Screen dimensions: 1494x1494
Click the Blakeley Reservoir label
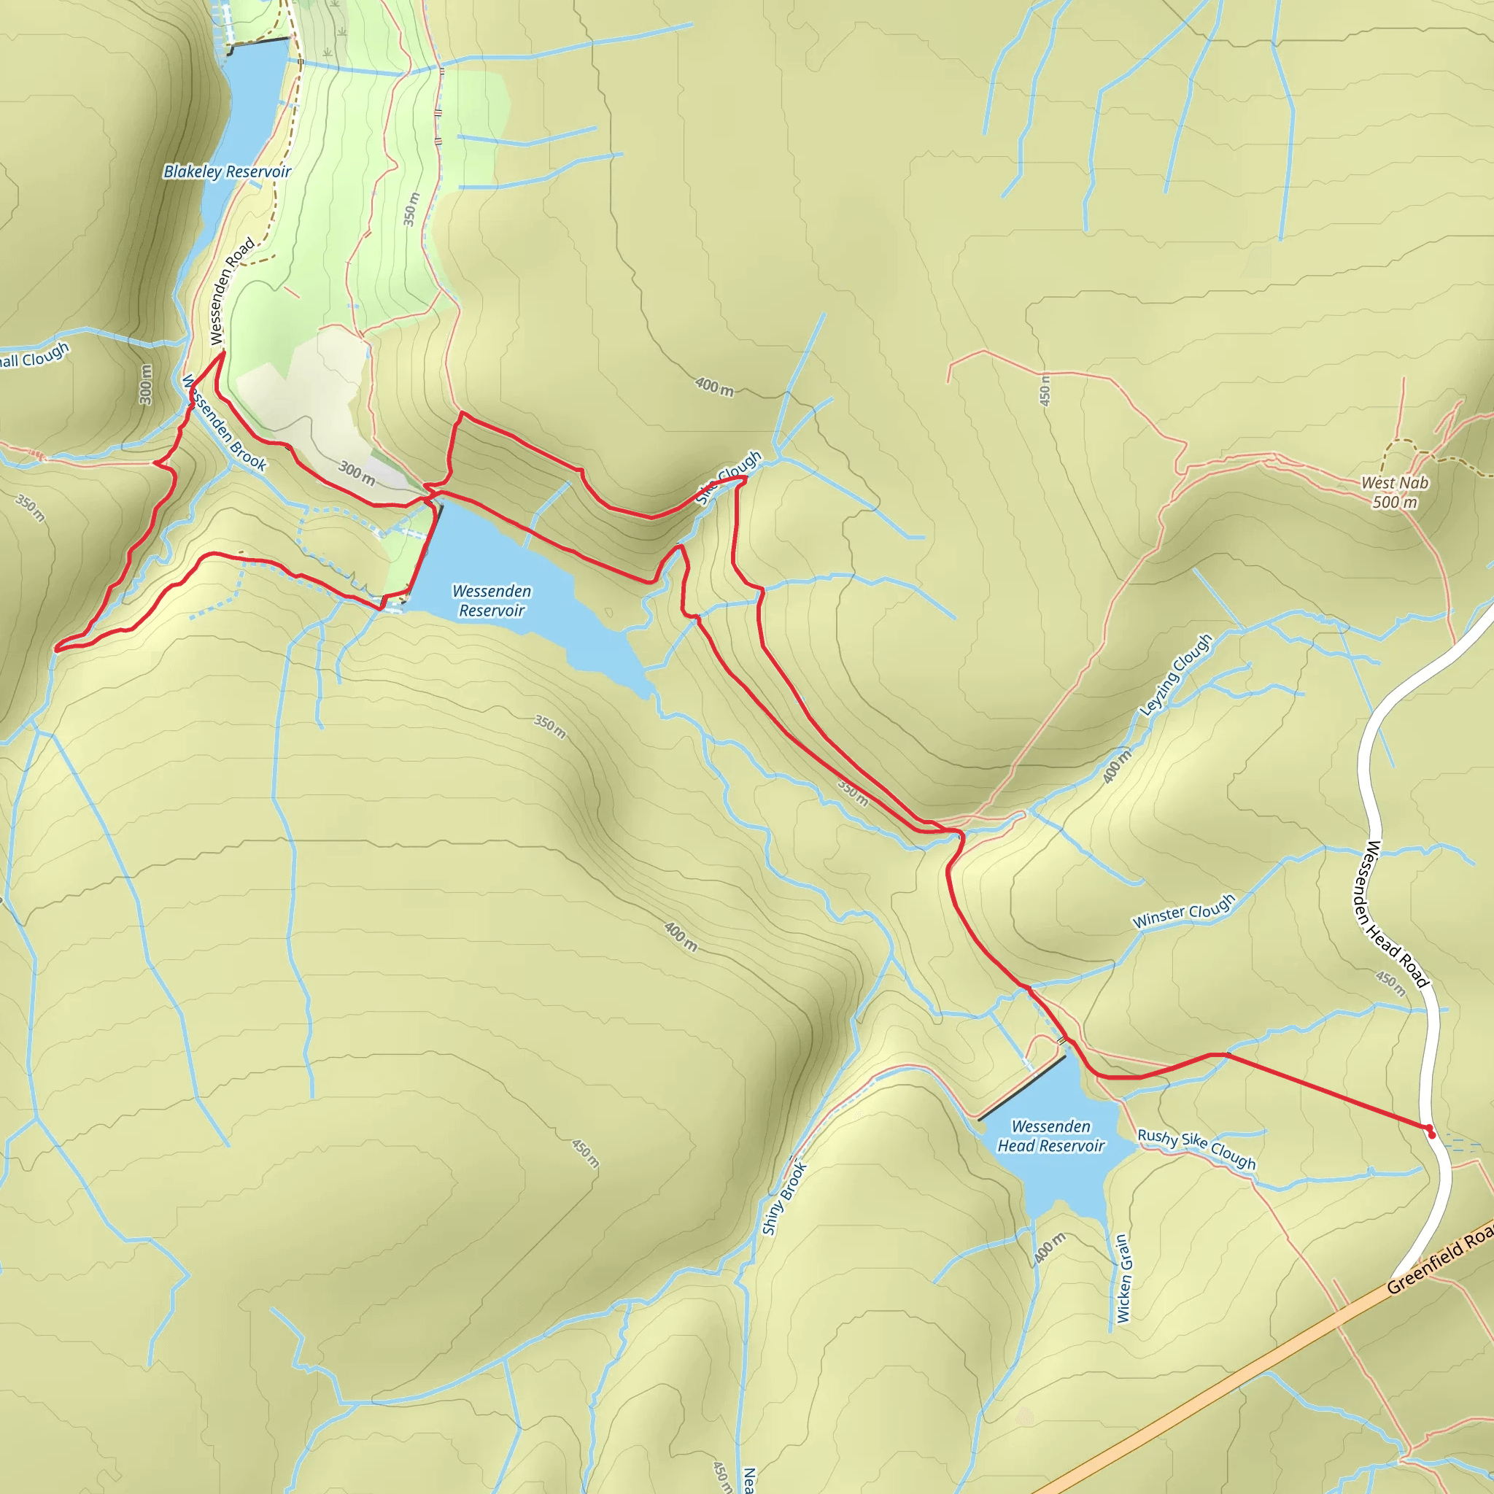[227, 171]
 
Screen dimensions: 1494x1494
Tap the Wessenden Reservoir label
[492, 601]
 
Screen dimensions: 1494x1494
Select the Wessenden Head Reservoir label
[1051, 1136]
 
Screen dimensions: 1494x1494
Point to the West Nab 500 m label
[1395, 492]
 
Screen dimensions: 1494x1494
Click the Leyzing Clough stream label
[1176, 673]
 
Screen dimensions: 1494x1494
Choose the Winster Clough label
[1184, 911]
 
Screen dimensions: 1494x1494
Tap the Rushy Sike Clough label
[1196, 1149]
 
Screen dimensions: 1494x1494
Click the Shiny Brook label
[784, 1198]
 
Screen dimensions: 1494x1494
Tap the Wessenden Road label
[232, 291]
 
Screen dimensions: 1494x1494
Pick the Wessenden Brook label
[224, 423]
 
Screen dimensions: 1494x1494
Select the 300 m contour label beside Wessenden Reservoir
[357, 473]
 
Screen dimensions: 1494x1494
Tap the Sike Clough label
[729, 477]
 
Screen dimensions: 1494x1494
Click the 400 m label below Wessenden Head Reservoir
[1049, 1249]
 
